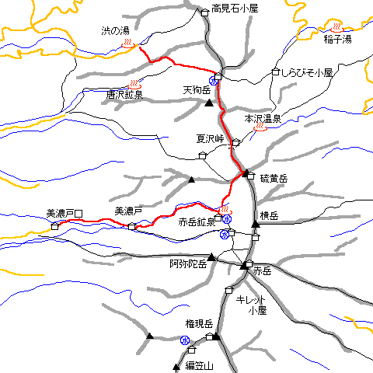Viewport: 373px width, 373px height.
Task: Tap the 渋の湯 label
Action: [x=114, y=31]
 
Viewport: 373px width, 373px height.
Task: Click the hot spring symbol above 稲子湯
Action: [x=336, y=27]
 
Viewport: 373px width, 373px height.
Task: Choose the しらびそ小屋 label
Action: [x=307, y=72]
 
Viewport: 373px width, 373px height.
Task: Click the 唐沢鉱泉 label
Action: [x=127, y=94]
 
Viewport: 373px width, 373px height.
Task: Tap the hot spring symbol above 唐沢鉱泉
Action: [x=134, y=83]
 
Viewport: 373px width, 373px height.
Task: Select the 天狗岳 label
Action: [x=197, y=90]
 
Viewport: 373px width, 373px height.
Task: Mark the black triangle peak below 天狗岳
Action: [x=208, y=102]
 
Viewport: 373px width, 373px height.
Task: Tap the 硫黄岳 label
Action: [x=274, y=179]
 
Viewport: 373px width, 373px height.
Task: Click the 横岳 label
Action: [x=270, y=215]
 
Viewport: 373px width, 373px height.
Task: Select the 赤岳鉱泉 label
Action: [x=197, y=221]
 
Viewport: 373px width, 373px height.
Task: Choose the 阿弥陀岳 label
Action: [x=189, y=263]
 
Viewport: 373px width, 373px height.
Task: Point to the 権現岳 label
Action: [x=199, y=322]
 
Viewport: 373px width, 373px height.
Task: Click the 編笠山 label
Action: [x=199, y=365]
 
